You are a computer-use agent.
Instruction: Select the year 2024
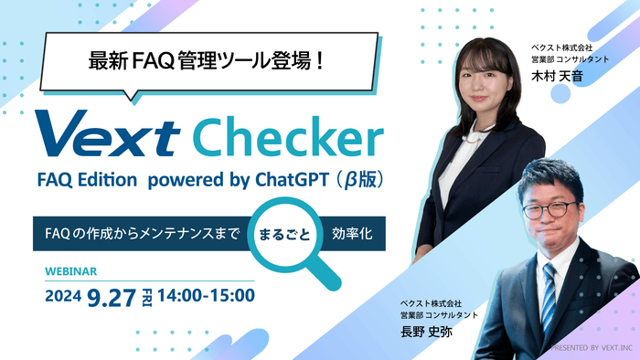coord(65,296)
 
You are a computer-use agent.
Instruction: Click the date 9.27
coord(113,295)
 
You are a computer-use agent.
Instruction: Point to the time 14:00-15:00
coord(207,295)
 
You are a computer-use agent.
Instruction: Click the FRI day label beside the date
coord(146,295)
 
